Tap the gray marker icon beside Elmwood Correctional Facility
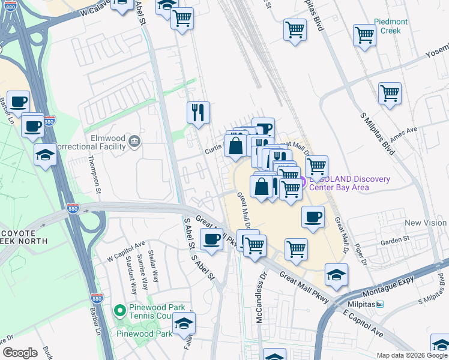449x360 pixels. [134, 142]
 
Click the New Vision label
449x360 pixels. [425, 223]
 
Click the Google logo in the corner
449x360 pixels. [20, 352]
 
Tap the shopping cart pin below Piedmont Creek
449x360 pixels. [364, 35]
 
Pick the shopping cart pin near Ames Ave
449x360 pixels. [390, 93]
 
